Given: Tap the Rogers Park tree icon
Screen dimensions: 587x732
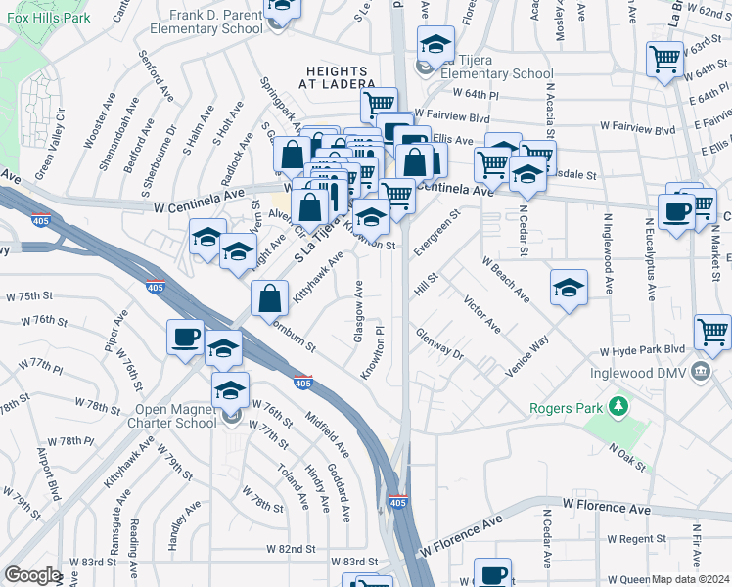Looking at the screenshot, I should pyautogui.click(x=618, y=405).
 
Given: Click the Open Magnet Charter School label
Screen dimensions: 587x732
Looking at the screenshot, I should pyautogui.click(x=172, y=416).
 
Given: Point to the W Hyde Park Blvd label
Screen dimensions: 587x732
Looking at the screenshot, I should pyautogui.click(x=642, y=350).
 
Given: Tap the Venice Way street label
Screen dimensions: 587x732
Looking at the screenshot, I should pyautogui.click(x=527, y=359).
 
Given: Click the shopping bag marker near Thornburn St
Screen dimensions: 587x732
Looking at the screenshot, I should pyautogui.click(x=269, y=298).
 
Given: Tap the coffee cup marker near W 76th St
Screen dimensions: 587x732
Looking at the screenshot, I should pyautogui.click(x=185, y=338).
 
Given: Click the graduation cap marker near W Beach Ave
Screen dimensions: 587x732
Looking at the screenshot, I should pyautogui.click(x=569, y=288).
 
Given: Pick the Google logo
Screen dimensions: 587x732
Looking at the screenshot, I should pyautogui.click(x=32, y=575).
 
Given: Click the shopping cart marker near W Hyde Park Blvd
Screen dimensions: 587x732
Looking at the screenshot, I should pyautogui.click(x=712, y=332).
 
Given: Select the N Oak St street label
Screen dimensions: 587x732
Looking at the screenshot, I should pyautogui.click(x=628, y=455).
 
